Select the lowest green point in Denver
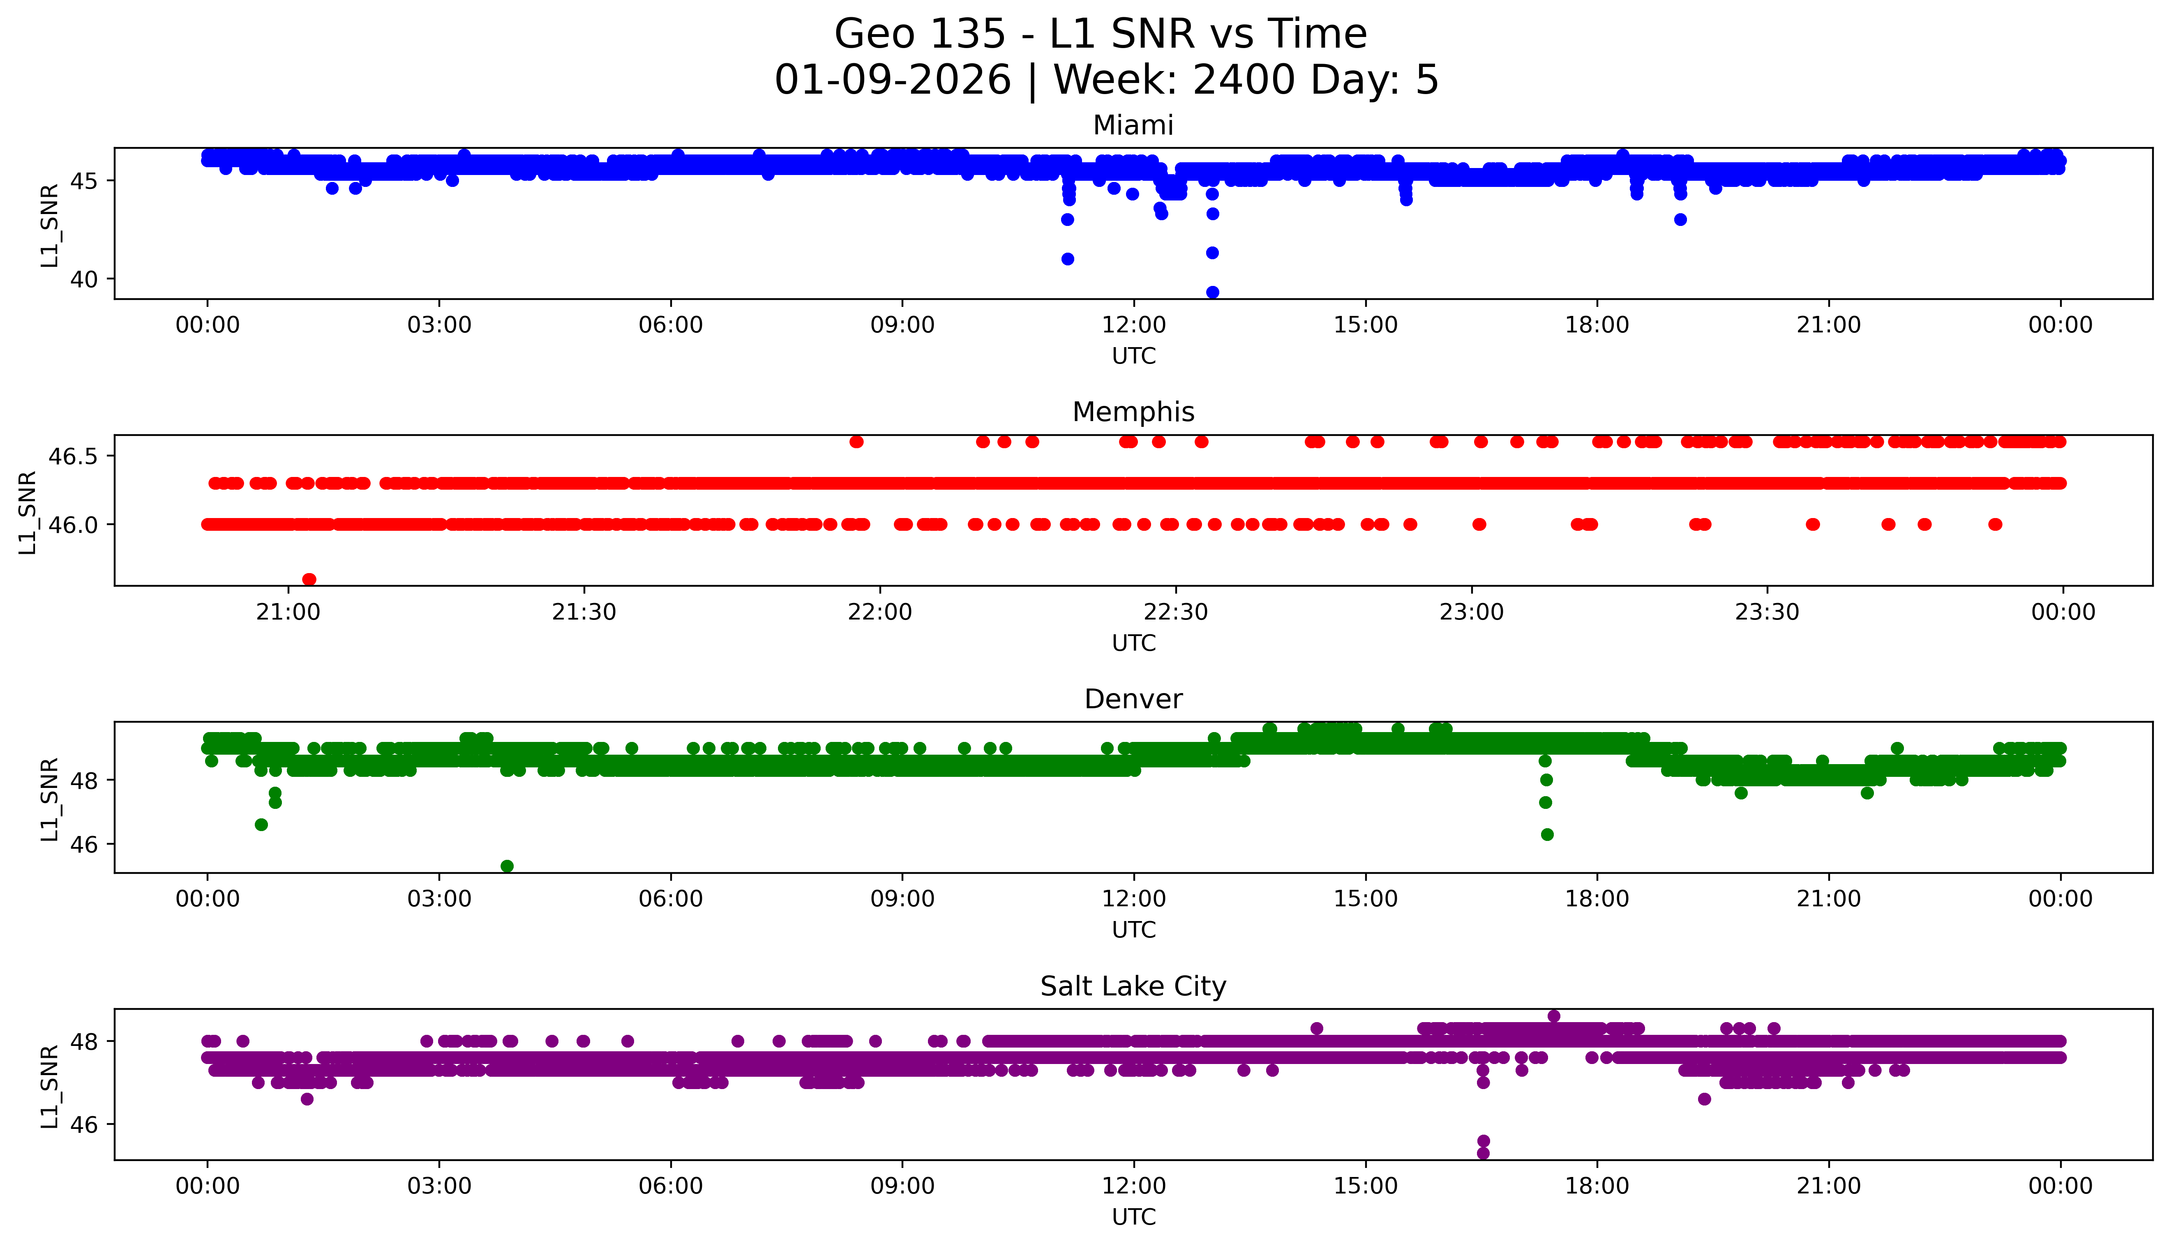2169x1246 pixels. tap(507, 866)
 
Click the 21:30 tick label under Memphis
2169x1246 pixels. tap(585, 612)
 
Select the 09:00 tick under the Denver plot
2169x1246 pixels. tap(902, 899)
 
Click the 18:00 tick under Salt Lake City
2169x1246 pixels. tap(1597, 1186)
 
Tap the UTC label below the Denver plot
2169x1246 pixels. tap(1133, 930)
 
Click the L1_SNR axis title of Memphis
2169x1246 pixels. tap(28, 512)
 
